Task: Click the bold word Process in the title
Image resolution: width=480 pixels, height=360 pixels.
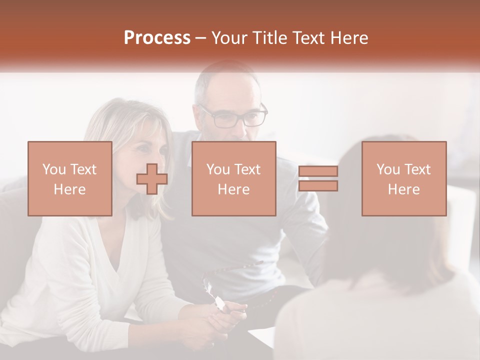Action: [157, 37]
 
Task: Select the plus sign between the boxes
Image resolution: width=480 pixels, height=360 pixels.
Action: [152, 179]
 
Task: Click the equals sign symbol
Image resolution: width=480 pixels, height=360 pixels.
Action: [318, 178]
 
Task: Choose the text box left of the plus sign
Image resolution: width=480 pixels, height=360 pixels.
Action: [70, 179]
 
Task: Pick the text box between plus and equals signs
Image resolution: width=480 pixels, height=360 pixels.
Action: [234, 179]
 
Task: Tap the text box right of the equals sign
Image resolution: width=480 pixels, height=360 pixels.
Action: [404, 179]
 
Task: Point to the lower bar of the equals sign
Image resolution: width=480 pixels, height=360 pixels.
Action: [318, 185]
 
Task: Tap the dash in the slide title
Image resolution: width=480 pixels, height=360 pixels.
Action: [200, 38]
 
